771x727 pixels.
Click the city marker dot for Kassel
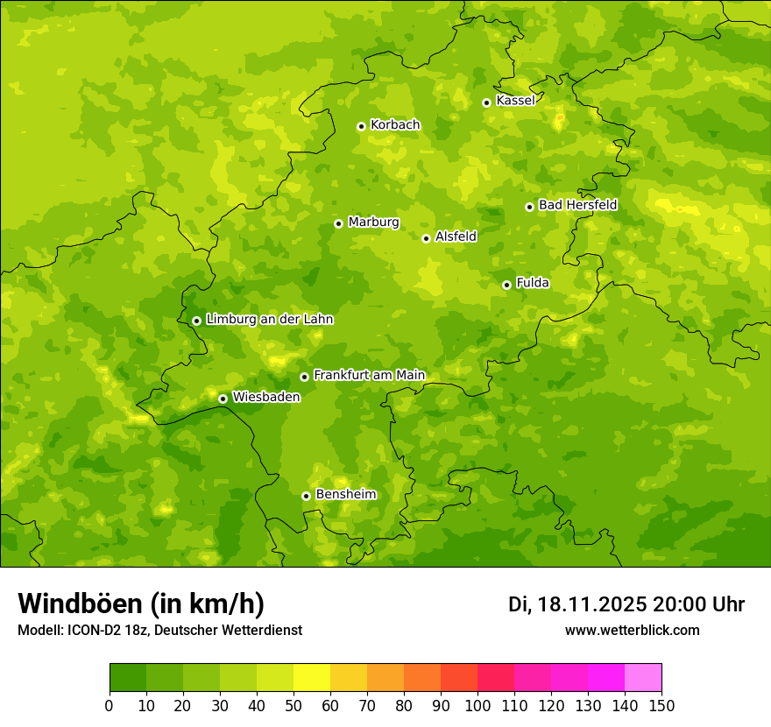[x=486, y=102]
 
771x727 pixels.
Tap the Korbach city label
[x=395, y=125]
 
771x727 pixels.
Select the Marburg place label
[x=373, y=222]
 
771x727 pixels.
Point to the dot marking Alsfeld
[x=426, y=238]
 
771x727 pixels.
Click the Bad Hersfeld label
[x=577, y=206]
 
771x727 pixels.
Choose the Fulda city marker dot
[x=506, y=285]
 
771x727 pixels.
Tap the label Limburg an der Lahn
[x=269, y=320]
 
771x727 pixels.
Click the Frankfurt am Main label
[x=369, y=376]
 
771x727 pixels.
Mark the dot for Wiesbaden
[x=223, y=399]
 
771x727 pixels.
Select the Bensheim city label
[x=345, y=495]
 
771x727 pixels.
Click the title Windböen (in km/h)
[x=141, y=603]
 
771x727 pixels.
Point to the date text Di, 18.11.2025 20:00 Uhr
[x=626, y=604]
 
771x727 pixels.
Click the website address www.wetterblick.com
[x=632, y=631]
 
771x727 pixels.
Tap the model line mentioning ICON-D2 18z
[x=159, y=631]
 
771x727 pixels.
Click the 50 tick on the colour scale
[x=294, y=705]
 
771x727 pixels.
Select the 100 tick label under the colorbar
[x=477, y=705]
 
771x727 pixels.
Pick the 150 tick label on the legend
[x=661, y=705]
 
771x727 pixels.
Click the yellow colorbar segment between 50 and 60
[x=312, y=677]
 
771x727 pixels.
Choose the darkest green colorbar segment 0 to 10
[x=128, y=677]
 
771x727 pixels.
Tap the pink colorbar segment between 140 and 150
[x=643, y=677]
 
